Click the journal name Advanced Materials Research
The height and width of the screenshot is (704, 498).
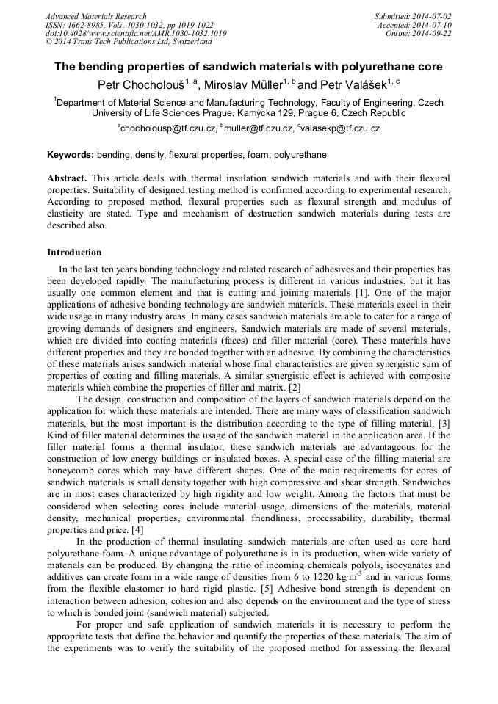pyautogui.click(x=96, y=16)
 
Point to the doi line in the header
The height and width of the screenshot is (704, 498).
pyautogui.click(x=136, y=34)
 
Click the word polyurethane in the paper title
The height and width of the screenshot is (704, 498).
pyautogui.click(x=378, y=67)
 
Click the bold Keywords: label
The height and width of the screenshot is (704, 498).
pyautogui.click(x=71, y=156)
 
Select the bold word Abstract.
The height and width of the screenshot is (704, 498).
pyautogui.click(x=67, y=179)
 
